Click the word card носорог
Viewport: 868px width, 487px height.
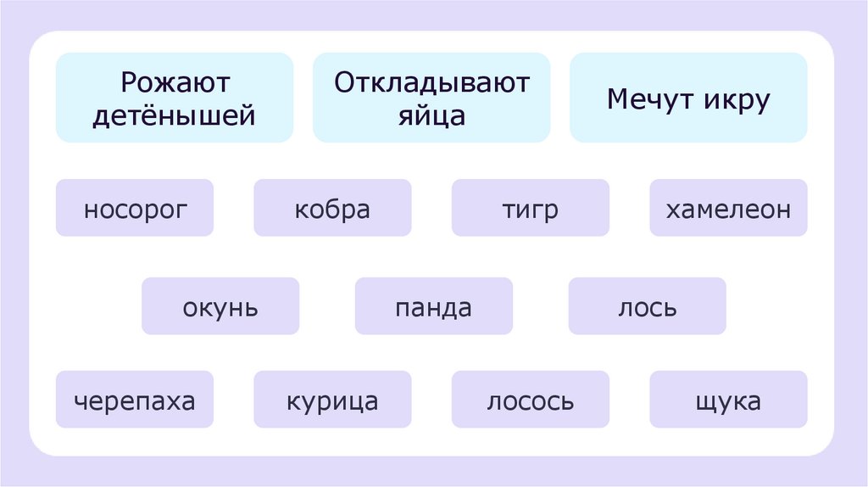134,208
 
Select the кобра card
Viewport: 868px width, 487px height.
332,208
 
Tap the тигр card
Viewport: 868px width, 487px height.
530,208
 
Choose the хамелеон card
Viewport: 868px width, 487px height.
728,208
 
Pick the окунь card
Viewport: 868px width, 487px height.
220,306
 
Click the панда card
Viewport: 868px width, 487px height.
433,306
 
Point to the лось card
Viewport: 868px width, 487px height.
647,306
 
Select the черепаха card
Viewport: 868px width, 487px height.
134,400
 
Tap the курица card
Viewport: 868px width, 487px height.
332,400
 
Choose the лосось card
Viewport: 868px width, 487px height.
530,400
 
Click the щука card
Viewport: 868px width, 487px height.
728,400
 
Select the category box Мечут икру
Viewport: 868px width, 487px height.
688,98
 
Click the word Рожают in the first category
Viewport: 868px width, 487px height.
175,83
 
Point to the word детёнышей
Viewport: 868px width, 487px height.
175,115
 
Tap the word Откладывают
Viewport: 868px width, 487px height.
431,83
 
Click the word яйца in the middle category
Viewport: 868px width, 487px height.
431,115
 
